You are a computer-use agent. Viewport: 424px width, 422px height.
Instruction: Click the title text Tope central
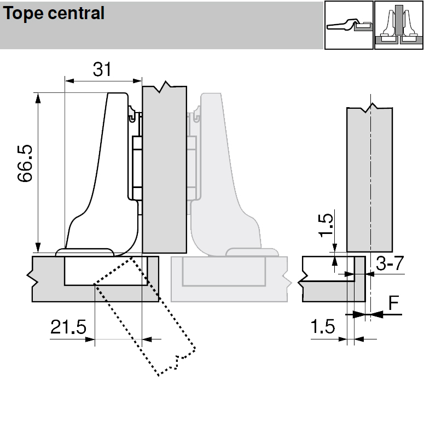tap(54, 14)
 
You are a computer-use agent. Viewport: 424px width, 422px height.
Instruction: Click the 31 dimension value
tap(102, 69)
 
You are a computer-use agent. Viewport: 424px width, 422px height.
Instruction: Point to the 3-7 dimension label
tap(390, 263)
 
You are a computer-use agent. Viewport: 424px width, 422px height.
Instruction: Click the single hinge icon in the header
tap(349, 25)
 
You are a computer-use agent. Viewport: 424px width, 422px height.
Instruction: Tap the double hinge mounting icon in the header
tap(399, 25)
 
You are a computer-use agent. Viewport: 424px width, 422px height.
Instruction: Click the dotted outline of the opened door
tap(145, 317)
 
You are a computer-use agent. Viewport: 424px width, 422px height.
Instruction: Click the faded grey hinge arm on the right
tap(230, 175)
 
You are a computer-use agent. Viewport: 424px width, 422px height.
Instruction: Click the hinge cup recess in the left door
tap(104, 271)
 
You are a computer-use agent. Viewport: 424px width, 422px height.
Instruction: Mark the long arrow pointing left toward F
tap(386, 314)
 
